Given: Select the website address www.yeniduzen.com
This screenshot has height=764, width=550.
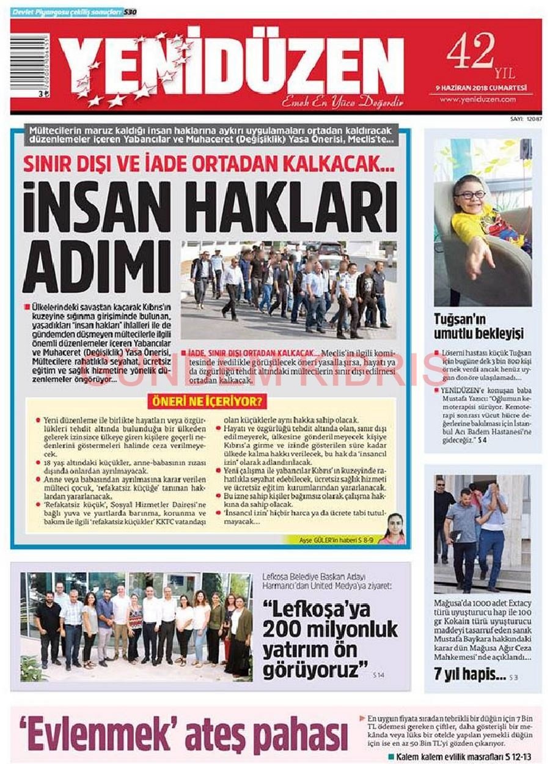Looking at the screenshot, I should point(478,98).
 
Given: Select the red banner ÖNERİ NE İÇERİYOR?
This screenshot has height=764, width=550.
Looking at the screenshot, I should point(211,402).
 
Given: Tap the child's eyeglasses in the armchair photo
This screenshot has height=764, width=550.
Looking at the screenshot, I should point(471,194).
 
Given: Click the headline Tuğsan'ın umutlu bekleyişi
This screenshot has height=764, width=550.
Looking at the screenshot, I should point(479,326).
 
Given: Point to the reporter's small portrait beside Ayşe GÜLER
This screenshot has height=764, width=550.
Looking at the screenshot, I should point(393,529).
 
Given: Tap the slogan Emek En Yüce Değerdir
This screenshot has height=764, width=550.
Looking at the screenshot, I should point(342,102).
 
